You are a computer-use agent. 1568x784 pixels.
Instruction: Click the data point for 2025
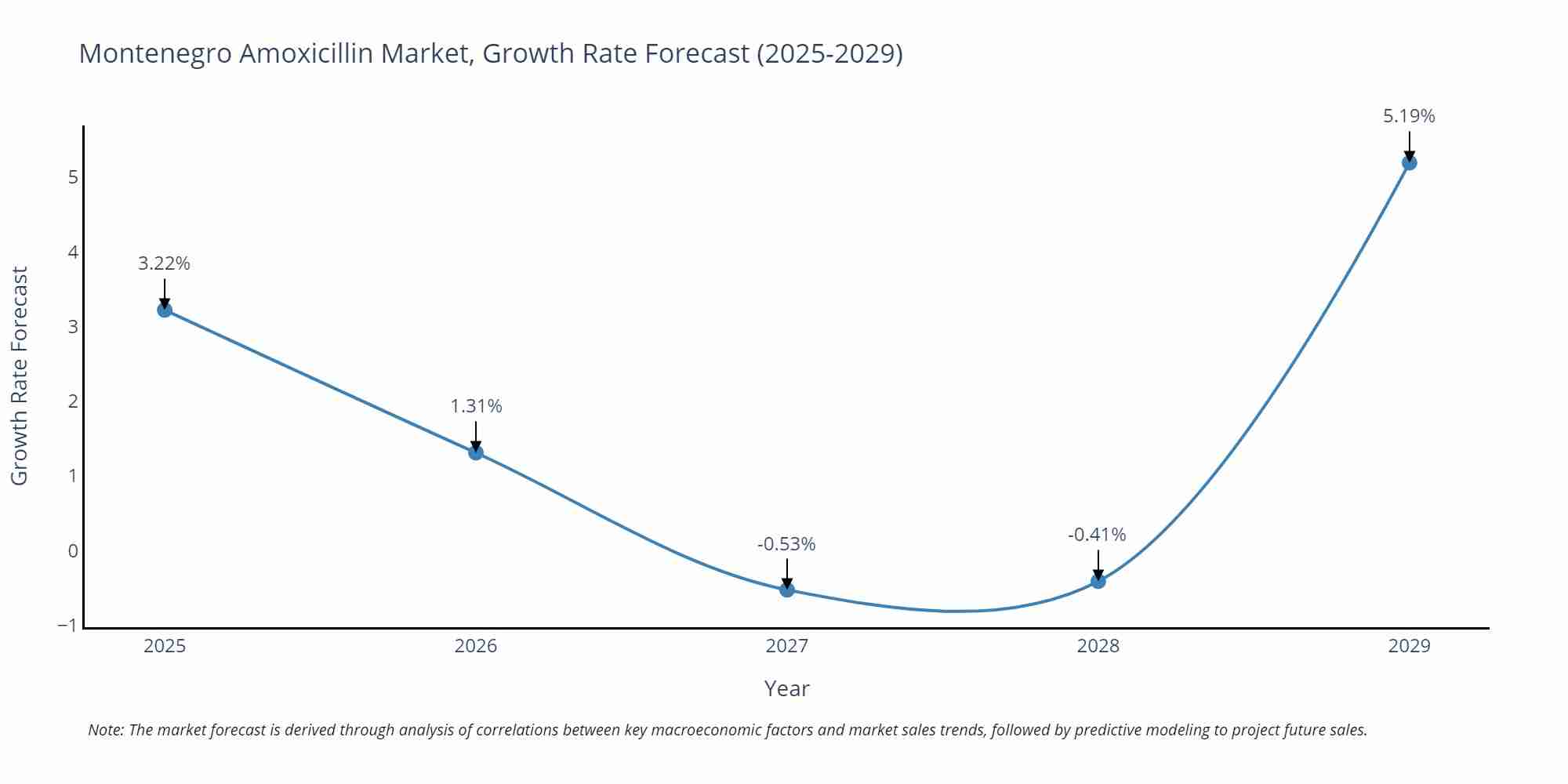coord(165,310)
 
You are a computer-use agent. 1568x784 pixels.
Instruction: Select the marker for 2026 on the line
coord(476,452)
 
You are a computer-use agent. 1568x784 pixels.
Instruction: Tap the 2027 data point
coord(787,590)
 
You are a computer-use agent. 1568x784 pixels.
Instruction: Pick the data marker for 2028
coord(1098,581)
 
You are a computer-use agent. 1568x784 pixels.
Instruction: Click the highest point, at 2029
coord(1409,163)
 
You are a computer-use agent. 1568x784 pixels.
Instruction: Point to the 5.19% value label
coord(1409,116)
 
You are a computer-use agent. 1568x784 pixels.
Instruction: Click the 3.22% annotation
coord(165,263)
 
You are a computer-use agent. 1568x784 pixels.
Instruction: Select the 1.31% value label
coord(476,406)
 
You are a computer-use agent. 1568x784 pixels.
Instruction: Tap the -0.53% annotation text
coord(786,544)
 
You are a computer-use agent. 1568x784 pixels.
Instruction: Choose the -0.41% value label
coord(1097,535)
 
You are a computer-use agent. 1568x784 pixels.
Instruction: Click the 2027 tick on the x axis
coord(787,646)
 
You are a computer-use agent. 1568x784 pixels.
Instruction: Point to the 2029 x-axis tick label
coord(1409,646)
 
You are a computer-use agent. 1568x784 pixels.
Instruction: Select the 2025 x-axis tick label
coord(165,646)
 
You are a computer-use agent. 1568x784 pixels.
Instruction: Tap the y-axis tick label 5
coord(73,177)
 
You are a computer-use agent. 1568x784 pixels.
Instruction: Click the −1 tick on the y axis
coord(67,626)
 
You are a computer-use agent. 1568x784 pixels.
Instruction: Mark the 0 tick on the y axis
coord(73,551)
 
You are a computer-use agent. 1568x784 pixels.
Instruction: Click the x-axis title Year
coord(786,688)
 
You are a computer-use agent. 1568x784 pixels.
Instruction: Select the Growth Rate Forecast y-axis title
coord(20,376)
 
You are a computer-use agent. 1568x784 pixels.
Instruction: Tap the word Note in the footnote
coord(105,730)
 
